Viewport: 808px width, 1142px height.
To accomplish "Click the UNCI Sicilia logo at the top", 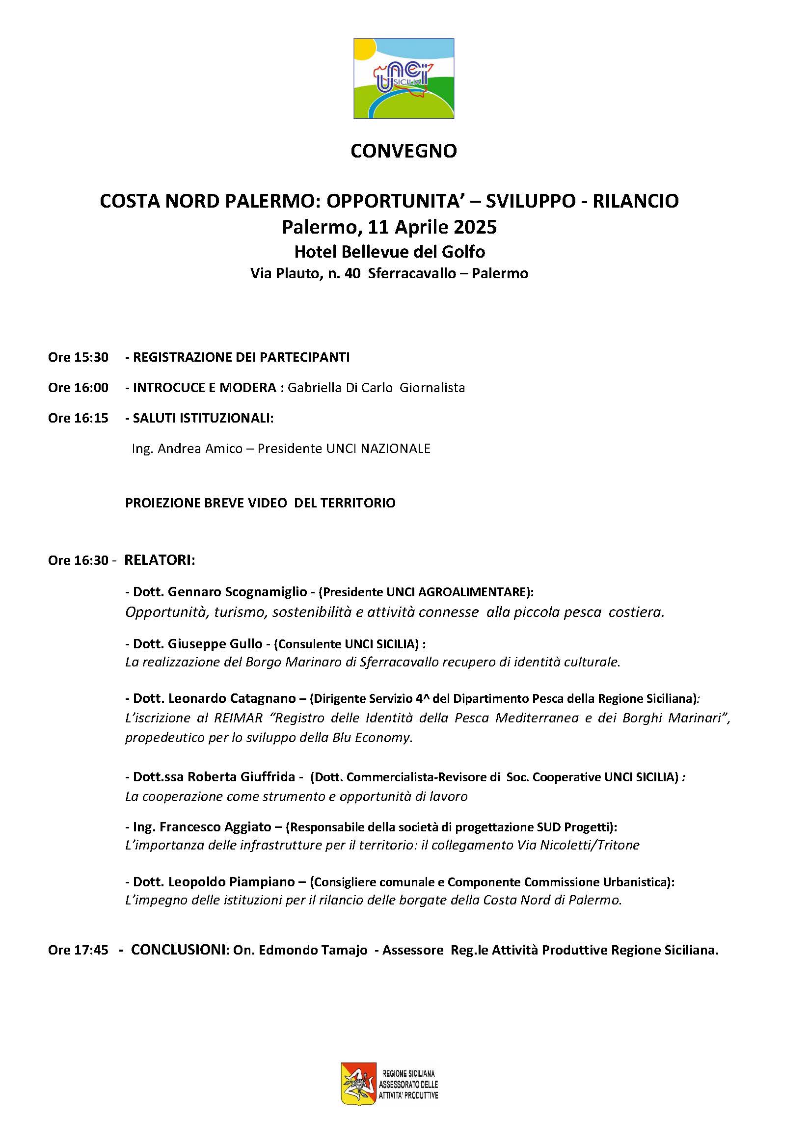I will [404, 79].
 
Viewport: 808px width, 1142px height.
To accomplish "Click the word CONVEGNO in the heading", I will [404, 151].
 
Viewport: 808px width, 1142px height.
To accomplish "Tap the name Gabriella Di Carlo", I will [340, 388].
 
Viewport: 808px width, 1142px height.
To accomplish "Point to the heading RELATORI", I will [158, 560].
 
